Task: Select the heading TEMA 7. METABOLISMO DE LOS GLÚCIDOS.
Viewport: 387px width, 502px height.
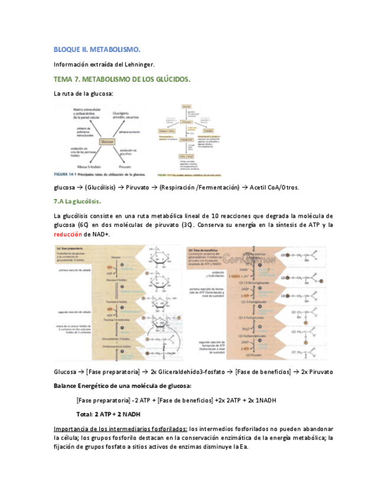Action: click(x=122, y=79)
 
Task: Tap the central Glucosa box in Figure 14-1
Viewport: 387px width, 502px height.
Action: click(x=107, y=142)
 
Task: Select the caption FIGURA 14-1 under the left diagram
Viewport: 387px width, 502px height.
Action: click(x=64, y=175)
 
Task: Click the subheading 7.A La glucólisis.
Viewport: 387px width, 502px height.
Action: click(x=82, y=202)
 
